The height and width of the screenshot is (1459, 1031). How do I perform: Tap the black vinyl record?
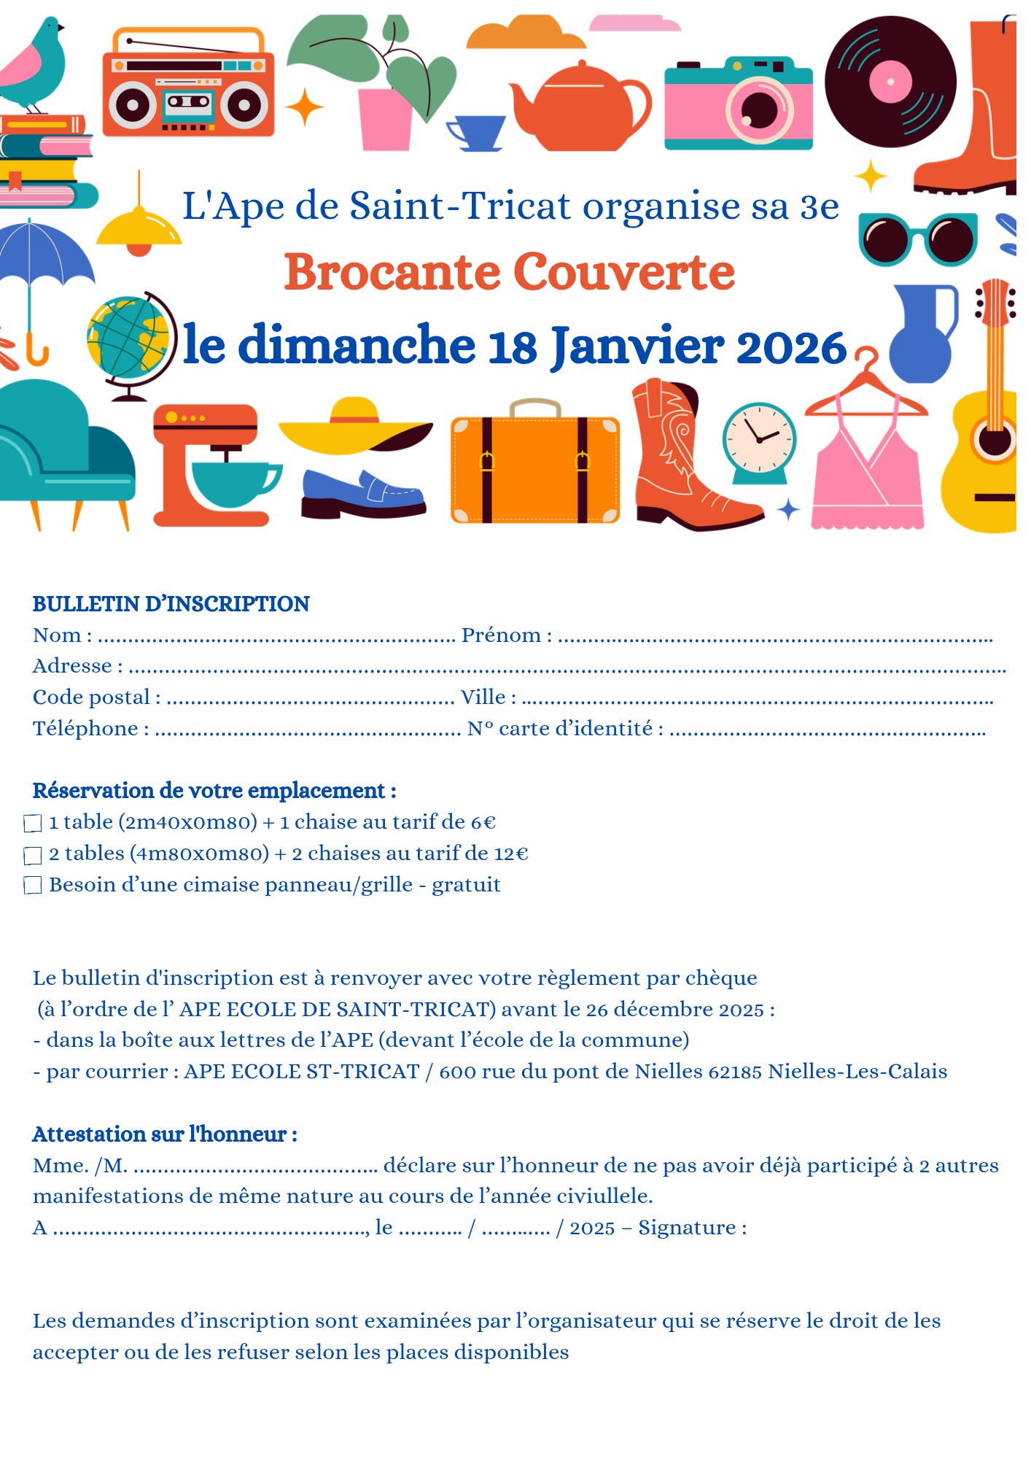(890, 81)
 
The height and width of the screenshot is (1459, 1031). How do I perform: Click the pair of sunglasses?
(918, 239)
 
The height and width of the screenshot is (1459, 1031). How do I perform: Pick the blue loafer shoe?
(362, 494)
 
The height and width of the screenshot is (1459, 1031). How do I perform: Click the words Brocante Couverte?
(510, 272)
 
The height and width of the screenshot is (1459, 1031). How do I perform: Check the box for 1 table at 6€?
(33, 824)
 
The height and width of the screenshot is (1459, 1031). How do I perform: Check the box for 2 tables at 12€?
(33, 855)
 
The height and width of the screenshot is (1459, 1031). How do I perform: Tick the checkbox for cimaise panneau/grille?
(33, 886)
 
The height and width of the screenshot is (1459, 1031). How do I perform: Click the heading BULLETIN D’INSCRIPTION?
(171, 604)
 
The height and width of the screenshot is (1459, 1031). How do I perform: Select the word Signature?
(687, 1228)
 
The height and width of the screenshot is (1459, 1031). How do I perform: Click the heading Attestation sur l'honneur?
(165, 1134)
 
